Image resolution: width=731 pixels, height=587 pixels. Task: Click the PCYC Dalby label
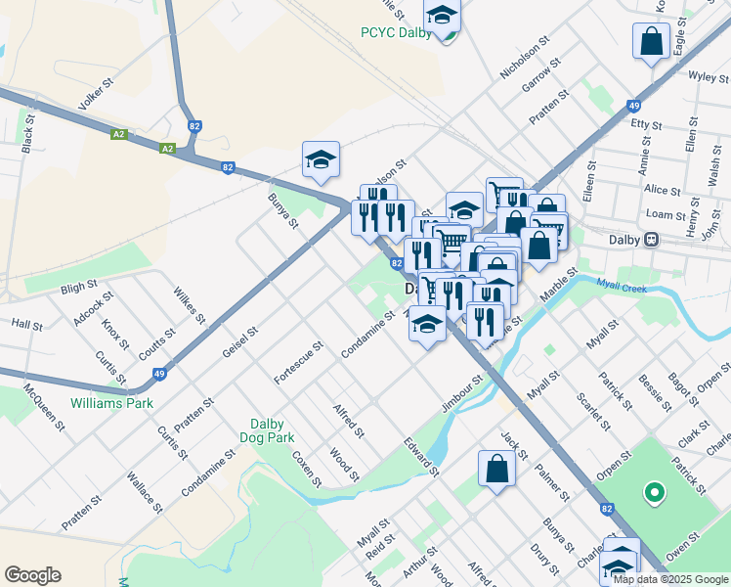pyautogui.click(x=396, y=32)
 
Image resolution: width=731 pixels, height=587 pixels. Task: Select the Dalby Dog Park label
pyautogui.click(x=267, y=430)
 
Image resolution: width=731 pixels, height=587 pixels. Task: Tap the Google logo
pyautogui.click(x=32, y=575)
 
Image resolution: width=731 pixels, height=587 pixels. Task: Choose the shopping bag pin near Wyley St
pyautogui.click(x=650, y=42)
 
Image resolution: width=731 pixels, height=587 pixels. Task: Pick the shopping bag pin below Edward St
pyautogui.click(x=496, y=468)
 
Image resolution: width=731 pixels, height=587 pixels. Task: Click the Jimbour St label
pyautogui.click(x=462, y=393)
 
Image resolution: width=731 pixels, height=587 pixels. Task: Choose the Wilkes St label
pyautogui.click(x=190, y=305)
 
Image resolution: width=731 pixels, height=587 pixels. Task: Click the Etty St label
pyautogui.click(x=647, y=125)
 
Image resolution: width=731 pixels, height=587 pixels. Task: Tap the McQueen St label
pyautogui.click(x=45, y=412)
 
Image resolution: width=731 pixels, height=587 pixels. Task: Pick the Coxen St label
pyautogui.click(x=307, y=467)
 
